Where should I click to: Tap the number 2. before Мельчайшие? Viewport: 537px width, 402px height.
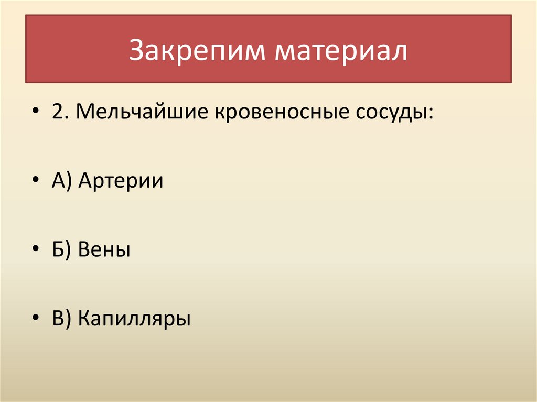tap(58, 113)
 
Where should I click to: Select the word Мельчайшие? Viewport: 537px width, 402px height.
tap(141, 113)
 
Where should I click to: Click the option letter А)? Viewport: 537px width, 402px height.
tap(62, 181)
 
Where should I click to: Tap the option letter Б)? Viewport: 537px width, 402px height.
tap(62, 249)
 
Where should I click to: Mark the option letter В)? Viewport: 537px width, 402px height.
tap(62, 318)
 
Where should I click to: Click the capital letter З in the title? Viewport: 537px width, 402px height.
tap(135, 51)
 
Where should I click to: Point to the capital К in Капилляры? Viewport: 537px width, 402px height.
tap(84, 318)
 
